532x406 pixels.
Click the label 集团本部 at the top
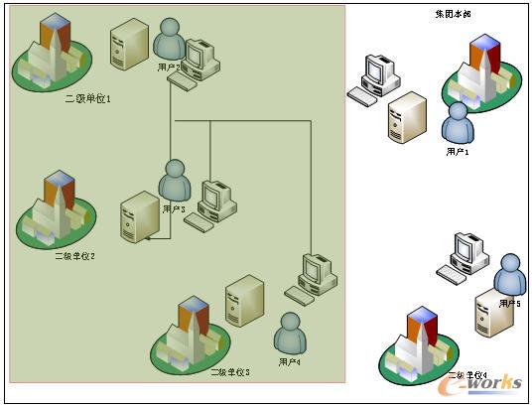click(453, 15)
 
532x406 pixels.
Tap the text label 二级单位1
click(88, 98)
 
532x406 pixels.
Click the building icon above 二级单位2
click(58, 209)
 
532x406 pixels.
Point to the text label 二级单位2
click(74, 255)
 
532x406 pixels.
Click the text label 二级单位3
click(229, 371)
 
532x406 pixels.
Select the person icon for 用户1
click(458, 124)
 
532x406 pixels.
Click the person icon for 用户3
click(175, 181)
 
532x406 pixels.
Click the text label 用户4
click(290, 363)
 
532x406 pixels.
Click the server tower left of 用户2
click(129, 44)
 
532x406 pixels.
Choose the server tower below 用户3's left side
click(140, 217)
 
